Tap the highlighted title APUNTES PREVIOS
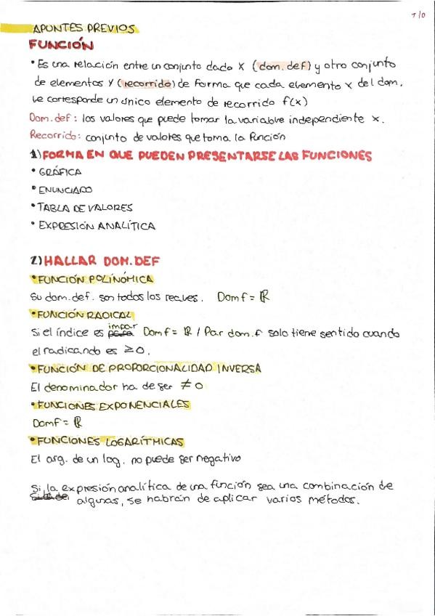coord(84,29)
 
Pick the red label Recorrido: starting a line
coord(55,136)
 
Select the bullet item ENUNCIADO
coord(65,190)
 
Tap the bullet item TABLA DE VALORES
coord(85,208)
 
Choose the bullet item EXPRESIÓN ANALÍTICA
coord(97,226)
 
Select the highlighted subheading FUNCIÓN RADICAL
coord(85,315)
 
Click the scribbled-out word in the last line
coord(48,499)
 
